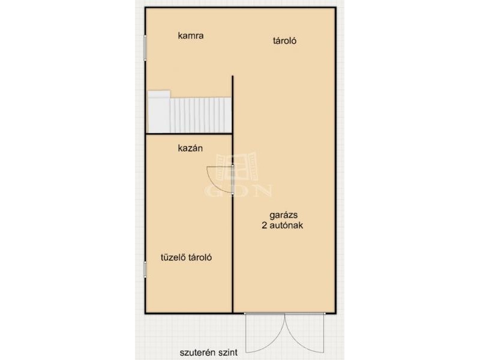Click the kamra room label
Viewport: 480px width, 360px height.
[191, 35]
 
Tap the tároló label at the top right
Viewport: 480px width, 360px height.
[284, 41]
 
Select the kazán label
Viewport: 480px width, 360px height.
[190, 148]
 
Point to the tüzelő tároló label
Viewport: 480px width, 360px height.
[186, 257]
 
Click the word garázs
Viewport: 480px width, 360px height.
[283, 215]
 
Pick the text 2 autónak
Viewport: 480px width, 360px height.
[282, 226]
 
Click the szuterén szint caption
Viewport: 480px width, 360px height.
[208, 353]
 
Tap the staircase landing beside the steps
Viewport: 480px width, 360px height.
[159, 112]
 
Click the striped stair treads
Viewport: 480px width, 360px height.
[201, 115]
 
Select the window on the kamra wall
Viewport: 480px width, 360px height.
[145, 48]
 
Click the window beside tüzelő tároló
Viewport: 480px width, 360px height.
[145, 269]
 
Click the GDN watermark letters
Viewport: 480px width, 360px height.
[238, 190]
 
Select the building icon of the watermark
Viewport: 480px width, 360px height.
[236, 167]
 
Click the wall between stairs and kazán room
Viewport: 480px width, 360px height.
[189, 134]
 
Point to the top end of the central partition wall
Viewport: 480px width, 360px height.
[233, 76]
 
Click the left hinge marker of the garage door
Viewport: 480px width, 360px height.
[245, 313]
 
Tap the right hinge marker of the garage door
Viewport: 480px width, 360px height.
[325, 313]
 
